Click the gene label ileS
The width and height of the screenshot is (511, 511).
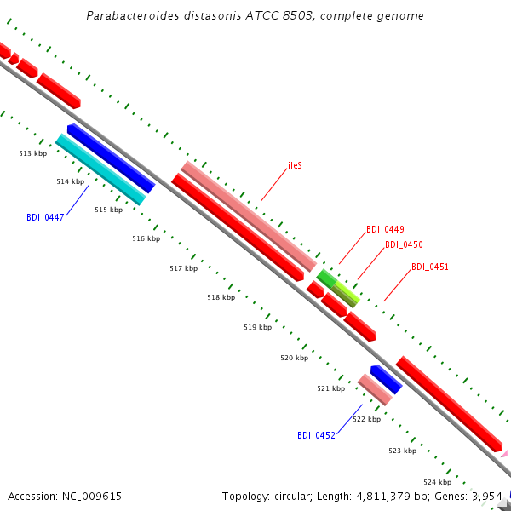pos(295,165)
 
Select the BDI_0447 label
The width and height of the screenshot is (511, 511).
pos(45,217)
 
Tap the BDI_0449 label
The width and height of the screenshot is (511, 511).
pos(385,229)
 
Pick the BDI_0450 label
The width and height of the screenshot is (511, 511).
pos(404,244)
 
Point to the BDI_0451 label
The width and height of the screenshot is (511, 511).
pos(430,267)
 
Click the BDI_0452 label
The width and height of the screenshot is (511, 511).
pos(316,435)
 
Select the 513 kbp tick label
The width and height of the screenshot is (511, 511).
pos(33,153)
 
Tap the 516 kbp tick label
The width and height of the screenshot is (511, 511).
pos(146,238)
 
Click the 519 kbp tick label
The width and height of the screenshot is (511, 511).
pos(258,327)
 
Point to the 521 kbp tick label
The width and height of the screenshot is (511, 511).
pos(331,388)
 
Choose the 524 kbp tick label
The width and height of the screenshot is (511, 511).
pos(438,482)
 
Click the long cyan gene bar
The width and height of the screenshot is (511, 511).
pos(100,169)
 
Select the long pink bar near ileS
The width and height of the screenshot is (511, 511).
pos(249,216)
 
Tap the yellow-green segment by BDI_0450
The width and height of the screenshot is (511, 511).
pos(346,295)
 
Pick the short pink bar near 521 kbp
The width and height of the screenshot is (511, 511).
pos(375,390)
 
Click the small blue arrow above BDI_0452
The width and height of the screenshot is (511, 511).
pos(387,379)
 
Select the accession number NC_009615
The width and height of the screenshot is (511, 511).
pos(92,497)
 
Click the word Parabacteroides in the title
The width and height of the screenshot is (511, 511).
pos(133,15)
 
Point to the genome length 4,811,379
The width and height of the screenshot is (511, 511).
pos(383,497)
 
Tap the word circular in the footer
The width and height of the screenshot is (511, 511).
pos(292,497)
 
